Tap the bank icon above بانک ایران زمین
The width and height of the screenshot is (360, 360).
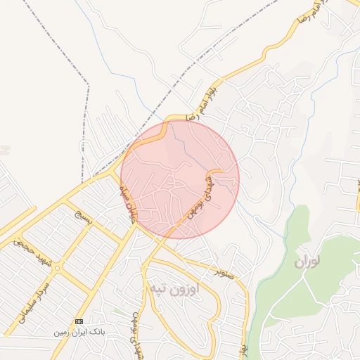click(79, 321)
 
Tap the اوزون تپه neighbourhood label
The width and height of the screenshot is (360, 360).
click(173, 288)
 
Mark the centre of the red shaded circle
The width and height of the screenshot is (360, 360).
click(180, 179)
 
